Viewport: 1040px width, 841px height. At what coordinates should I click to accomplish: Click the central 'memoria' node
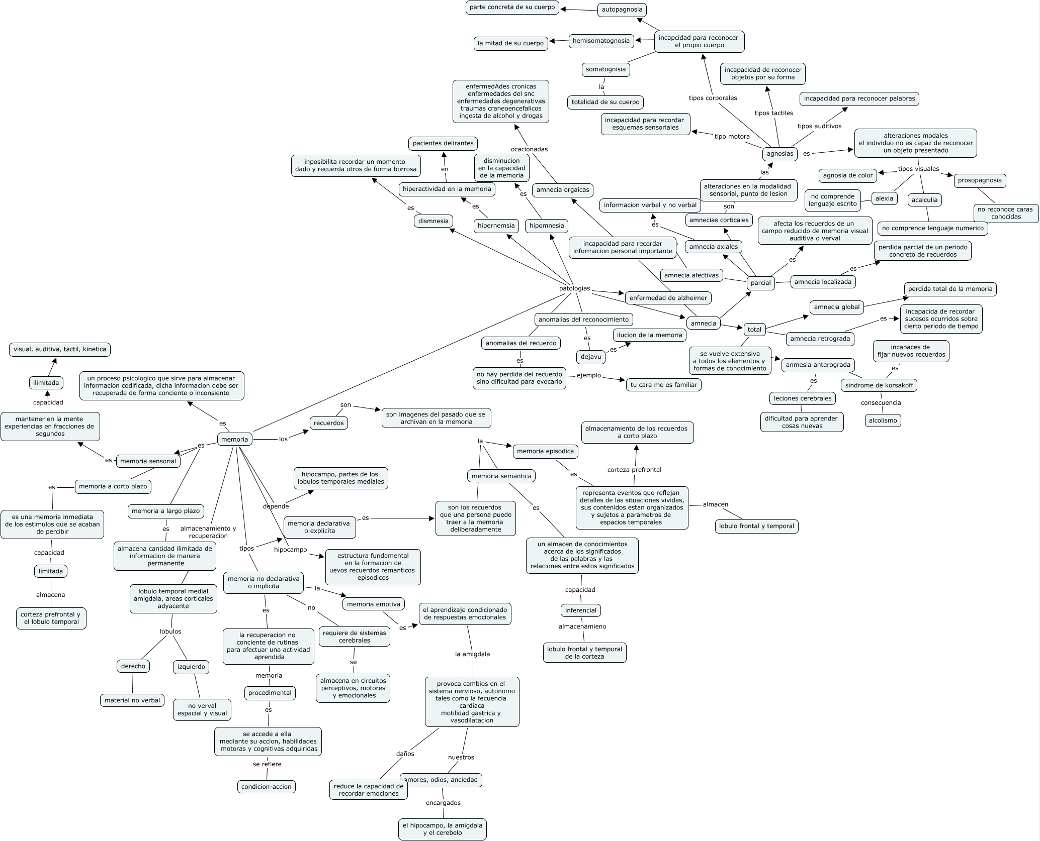tap(235, 439)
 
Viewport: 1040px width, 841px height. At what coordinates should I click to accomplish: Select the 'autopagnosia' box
tap(622, 10)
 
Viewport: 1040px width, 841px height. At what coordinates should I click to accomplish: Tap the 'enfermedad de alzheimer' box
tap(668, 298)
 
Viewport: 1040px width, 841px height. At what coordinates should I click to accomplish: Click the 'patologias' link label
tap(575, 289)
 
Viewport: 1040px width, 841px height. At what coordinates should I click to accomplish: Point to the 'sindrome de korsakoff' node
tap(879, 385)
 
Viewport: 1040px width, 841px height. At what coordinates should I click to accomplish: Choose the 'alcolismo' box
tap(883, 420)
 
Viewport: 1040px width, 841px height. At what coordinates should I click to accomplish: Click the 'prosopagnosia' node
tap(980, 180)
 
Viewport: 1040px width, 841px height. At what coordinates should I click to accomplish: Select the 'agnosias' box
tap(780, 154)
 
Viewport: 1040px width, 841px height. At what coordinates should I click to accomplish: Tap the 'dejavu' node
tap(591, 357)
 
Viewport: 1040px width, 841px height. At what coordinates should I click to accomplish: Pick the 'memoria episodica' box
tap(545, 451)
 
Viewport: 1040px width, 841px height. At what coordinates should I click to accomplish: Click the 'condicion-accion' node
tap(267, 787)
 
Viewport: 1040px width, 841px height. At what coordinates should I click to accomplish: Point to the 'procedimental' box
tap(270, 693)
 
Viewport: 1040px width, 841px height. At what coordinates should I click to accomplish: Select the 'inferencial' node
tap(581, 610)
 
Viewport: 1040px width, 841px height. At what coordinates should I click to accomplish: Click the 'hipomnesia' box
tap(547, 226)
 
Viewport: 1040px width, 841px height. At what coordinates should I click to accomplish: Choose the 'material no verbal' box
tap(132, 700)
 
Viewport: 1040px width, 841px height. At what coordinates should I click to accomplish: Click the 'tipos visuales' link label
tap(918, 169)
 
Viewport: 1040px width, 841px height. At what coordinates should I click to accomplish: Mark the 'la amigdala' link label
tap(472, 654)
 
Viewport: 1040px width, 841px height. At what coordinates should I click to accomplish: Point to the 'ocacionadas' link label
tap(529, 149)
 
